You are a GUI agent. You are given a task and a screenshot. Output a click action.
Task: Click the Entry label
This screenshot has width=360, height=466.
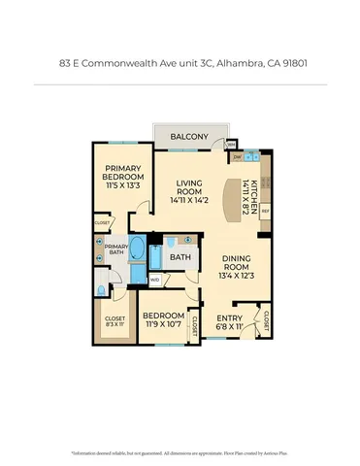[x=230, y=317]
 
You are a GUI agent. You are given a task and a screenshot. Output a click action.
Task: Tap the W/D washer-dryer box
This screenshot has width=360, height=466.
[x=154, y=280]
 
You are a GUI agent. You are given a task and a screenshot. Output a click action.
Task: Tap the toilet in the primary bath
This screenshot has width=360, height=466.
[x=102, y=288]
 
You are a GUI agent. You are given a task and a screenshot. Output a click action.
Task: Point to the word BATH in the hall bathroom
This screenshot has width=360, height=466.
[x=180, y=258]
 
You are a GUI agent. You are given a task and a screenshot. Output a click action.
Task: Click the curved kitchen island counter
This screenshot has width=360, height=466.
[x=235, y=199]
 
